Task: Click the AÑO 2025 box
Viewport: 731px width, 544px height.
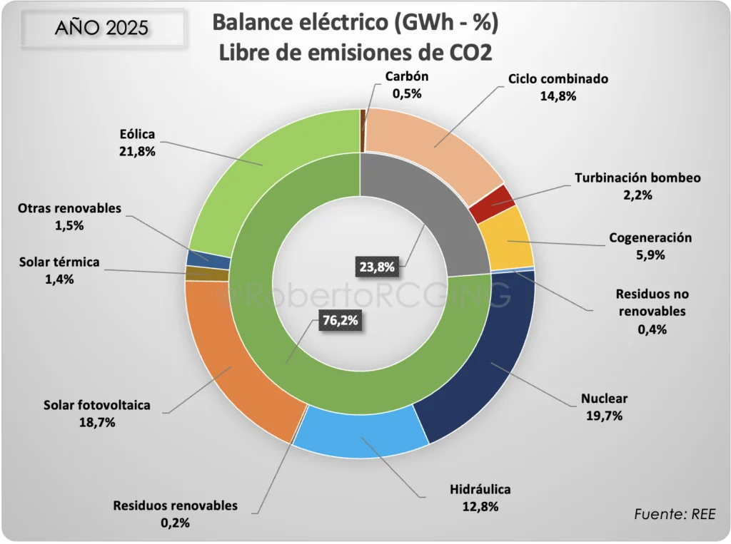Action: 101,28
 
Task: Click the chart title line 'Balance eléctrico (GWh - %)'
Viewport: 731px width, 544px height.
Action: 355,24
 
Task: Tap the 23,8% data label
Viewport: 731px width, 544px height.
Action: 376,267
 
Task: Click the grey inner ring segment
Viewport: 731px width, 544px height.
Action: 421,214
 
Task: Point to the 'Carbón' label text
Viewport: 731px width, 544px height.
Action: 406,77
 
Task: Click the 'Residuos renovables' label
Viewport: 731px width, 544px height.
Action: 175,505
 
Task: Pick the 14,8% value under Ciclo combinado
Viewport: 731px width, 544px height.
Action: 559,96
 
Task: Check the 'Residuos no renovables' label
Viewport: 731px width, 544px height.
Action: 650,302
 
